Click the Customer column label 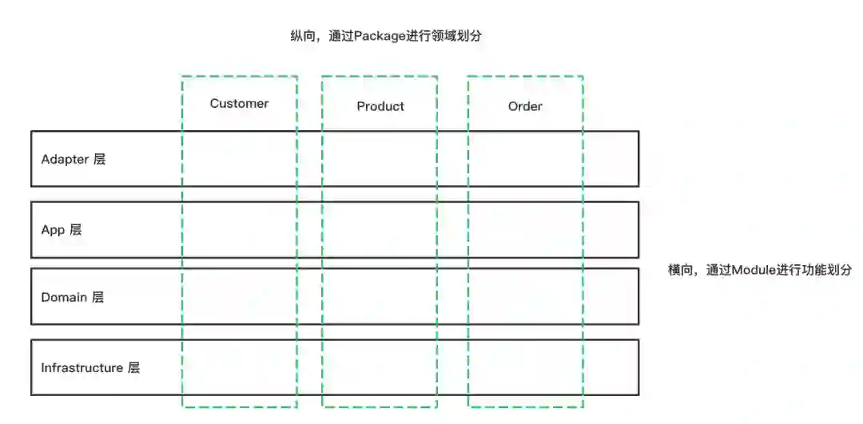point(239,103)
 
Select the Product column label point(380,106)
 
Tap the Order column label point(525,106)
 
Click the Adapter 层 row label point(73,159)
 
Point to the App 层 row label point(62,230)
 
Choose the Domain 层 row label point(72,297)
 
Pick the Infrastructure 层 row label point(90,367)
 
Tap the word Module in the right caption point(754,270)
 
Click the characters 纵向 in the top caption point(303,36)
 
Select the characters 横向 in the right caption point(681,270)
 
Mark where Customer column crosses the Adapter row point(239,159)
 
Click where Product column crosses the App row point(380,230)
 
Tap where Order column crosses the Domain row point(525,297)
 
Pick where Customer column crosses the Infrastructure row point(239,367)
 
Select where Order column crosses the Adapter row point(525,159)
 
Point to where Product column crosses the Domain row point(380,297)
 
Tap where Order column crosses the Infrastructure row point(525,367)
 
